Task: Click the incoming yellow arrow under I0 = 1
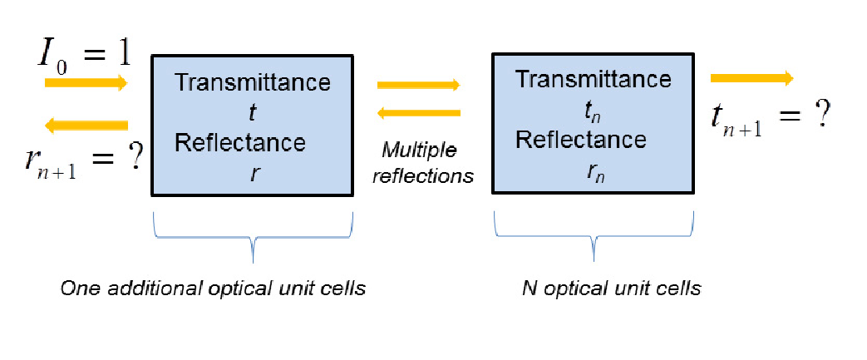pyautogui.click(x=86, y=83)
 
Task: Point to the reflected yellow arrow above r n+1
pyautogui.click(x=86, y=126)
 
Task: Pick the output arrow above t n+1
pyautogui.click(x=752, y=78)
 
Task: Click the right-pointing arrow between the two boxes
pyautogui.click(x=419, y=85)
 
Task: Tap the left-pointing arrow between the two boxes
pyautogui.click(x=419, y=113)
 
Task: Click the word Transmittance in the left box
pyautogui.click(x=253, y=81)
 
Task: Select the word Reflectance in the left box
pyautogui.click(x=240, y=143)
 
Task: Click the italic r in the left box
pyautogui.click(x=253, y=173)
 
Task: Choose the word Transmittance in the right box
pyautogui.click(x=594, y=79)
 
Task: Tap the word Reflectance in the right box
pyautogui.click(x=580, y=140)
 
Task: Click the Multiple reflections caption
pyautogui.click(x=423, y=162)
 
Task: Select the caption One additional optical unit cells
pyautogui.click(x=214, y=288)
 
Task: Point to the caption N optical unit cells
pyautogui.click(x=612, y=288)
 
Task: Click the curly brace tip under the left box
pyautogui.click(x=253, y=262)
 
